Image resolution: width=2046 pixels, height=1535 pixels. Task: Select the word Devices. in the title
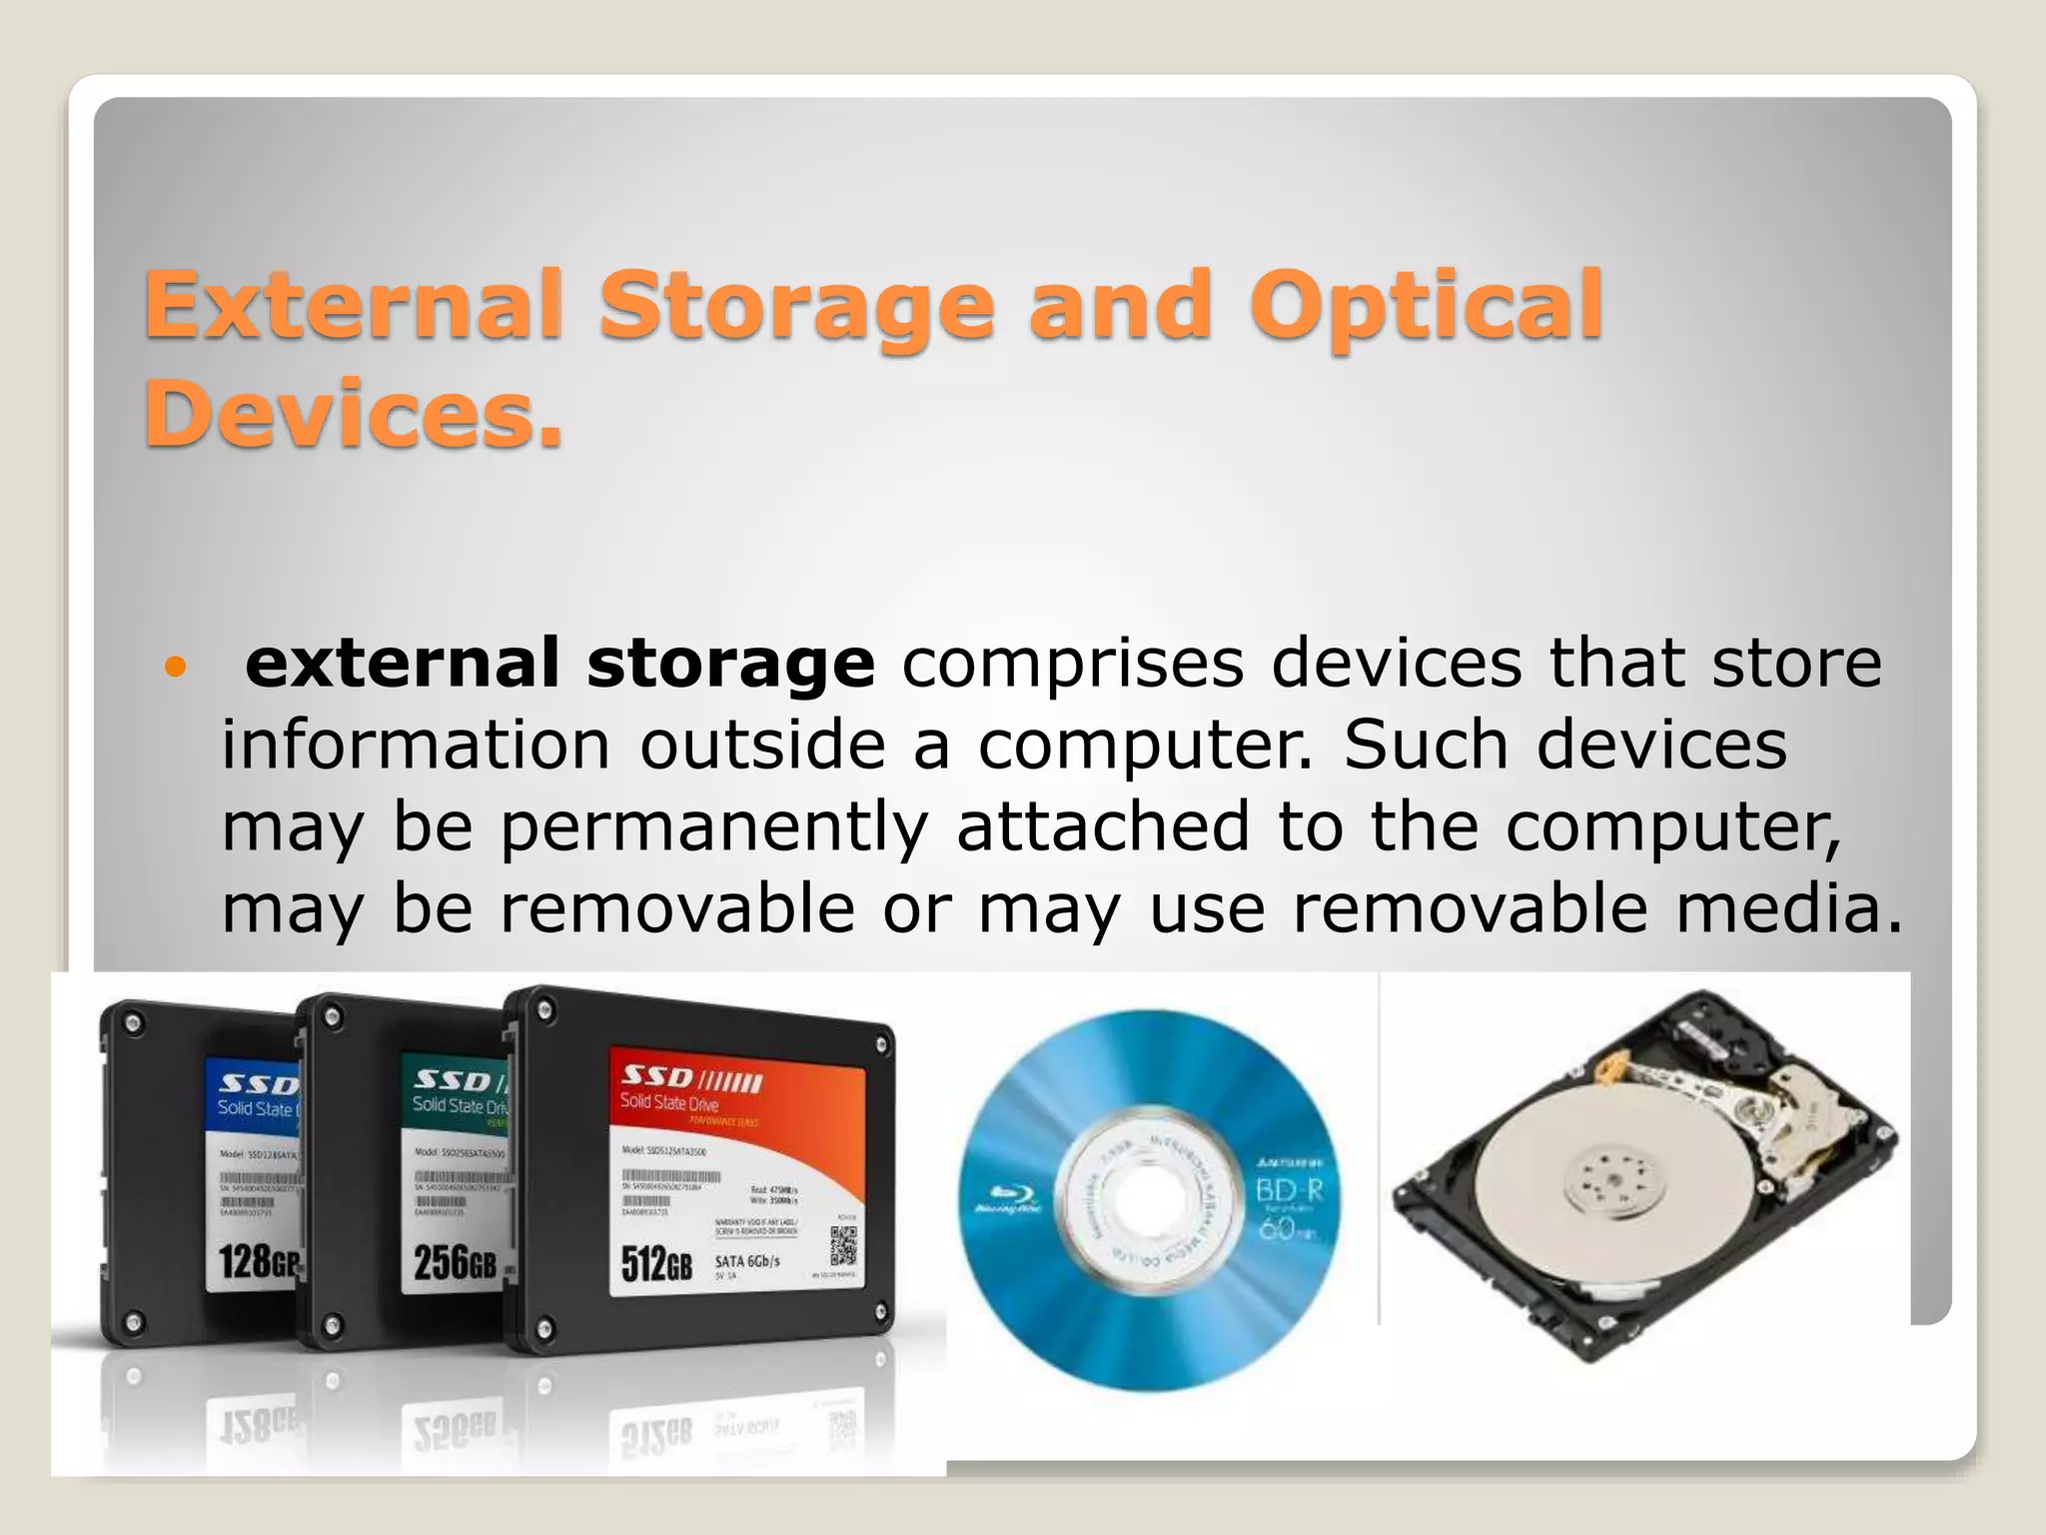(354, 414)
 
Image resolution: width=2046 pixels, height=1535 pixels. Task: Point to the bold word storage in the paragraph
(730, 665)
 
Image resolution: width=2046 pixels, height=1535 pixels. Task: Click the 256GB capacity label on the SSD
(455, 1262)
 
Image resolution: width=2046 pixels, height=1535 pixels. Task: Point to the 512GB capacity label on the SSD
(656, 1264)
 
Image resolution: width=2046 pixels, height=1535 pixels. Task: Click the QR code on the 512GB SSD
(842, 1245)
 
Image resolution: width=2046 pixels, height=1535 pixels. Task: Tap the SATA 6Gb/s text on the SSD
(746, 1261)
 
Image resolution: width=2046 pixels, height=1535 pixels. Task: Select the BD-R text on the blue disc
(1289, 1191)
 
